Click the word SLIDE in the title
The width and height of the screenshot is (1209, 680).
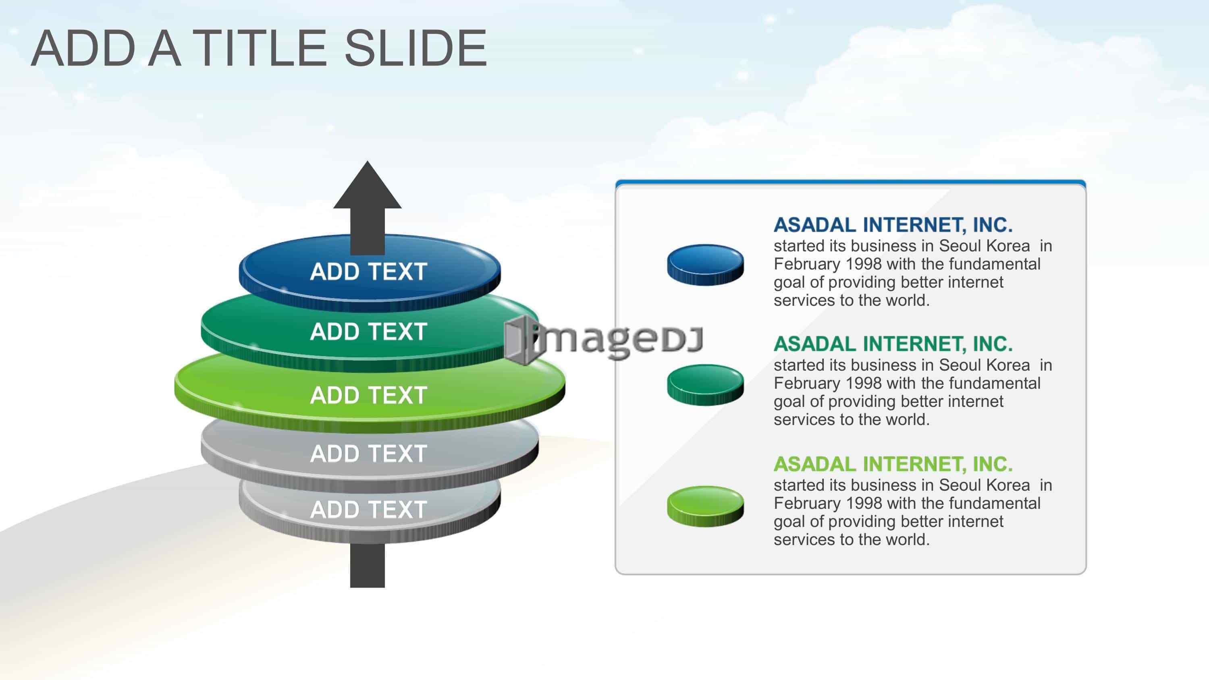click(416, 48)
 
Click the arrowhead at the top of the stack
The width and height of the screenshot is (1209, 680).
click(368, 185)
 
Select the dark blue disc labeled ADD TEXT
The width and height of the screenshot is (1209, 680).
click(370, 272)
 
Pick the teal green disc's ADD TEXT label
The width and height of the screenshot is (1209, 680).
click(368, 331)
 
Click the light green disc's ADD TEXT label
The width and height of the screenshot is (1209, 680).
click(368, 395)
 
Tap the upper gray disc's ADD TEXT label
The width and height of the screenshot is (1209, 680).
click(368, 454)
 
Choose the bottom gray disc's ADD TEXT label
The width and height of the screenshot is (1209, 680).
click(368, 510)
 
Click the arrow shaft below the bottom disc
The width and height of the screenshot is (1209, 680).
click(368, 566)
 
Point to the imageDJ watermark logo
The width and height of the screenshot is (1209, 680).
click(604, 339)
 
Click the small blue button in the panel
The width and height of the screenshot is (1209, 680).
click(705, 265)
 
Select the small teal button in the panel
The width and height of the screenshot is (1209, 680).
click(705, 385)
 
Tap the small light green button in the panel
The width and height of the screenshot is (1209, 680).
click(705, 506)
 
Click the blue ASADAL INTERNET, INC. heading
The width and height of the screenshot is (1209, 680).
click(893, 225)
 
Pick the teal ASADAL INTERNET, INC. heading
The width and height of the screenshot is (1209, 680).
click(893, 344)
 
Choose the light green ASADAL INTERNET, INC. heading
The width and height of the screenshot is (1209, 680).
click(893, 464)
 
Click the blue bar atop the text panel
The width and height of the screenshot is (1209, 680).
click(850, 182)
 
